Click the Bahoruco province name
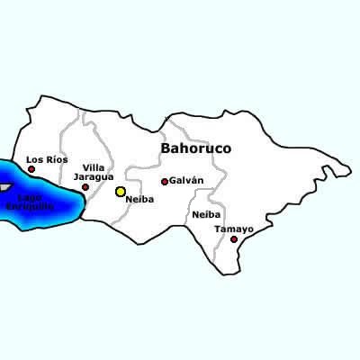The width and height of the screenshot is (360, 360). [x=195, y=148]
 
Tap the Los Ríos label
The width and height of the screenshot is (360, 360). [x=47, y=159]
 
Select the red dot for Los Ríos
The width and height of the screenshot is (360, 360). [x=31, y=169]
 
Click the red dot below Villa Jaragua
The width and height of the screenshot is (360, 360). [x=85, y=188]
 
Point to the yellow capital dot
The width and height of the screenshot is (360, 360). [x=121, y=192]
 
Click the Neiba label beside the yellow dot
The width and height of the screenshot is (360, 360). [x=141, y=199]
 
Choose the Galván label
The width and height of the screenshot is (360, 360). [x=186, y=181]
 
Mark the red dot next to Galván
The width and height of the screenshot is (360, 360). [x=164, y=182]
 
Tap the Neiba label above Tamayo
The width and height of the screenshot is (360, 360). [x=206, y=215]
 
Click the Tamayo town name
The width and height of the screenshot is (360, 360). [x=233, y=229]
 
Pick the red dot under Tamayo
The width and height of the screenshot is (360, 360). [x=234, y=239]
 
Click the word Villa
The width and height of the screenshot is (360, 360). [x=93, y=168]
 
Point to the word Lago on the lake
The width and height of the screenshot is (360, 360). [x=30, y=197]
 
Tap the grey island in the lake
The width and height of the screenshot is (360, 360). [x=4, y=186]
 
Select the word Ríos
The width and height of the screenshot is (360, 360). [x=56, y=159]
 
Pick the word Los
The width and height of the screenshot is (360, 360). [x=33, y=159]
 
